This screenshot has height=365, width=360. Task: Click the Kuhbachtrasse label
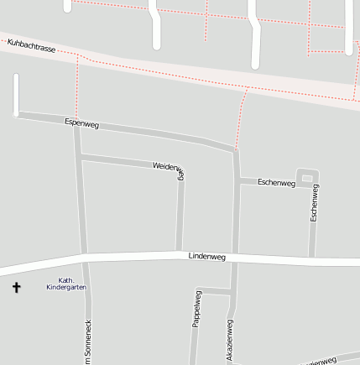coord(31,48)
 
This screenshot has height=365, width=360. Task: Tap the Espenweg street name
coord(81,124)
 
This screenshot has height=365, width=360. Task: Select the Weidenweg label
coord(169,169)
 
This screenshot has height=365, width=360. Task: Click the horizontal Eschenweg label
coord(276,182)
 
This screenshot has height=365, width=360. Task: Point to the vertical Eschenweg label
coord(315,203)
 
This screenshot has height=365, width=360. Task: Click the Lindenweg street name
coord(207,255)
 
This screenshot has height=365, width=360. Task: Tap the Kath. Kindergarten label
coord(65,284)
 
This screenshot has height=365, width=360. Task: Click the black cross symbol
coord(16,288)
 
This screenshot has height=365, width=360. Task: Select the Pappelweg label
coord(197,308)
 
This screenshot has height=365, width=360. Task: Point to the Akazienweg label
coord(229,340)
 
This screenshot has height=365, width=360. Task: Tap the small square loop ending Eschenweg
coord(308,177)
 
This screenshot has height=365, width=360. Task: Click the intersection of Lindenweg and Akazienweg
coord(235,257)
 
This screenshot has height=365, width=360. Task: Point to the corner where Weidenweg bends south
coord(181,171)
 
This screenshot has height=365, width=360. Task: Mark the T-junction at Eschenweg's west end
coord(237,180)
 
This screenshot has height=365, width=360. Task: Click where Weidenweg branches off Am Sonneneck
coord(79,156)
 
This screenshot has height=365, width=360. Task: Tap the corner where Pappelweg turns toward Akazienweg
coord(204,290)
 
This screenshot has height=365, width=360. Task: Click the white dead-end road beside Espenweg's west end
coord(15,94)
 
